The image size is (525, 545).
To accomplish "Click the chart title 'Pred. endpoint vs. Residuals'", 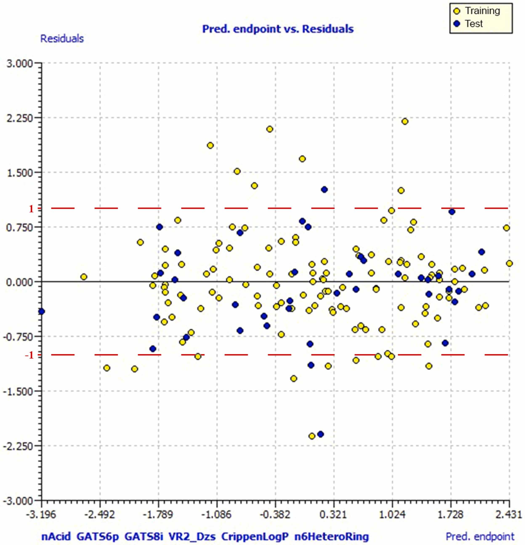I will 278,29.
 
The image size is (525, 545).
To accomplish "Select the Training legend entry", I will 477,11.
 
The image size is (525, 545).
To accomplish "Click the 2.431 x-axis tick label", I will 509,514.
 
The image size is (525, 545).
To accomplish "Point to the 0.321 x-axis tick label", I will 334,514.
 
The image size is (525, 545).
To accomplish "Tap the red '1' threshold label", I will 31,209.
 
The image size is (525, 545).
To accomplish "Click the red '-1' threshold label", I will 29,355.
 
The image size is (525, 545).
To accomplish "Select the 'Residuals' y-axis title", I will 62,39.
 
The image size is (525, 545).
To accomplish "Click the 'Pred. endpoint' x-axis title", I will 480,536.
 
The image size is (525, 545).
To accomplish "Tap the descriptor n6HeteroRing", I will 332,536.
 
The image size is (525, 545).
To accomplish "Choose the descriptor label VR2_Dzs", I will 192,536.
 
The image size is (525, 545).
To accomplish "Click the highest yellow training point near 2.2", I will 405,121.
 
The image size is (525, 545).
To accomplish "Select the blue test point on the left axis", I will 42,311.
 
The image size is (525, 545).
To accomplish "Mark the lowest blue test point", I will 320,434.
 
